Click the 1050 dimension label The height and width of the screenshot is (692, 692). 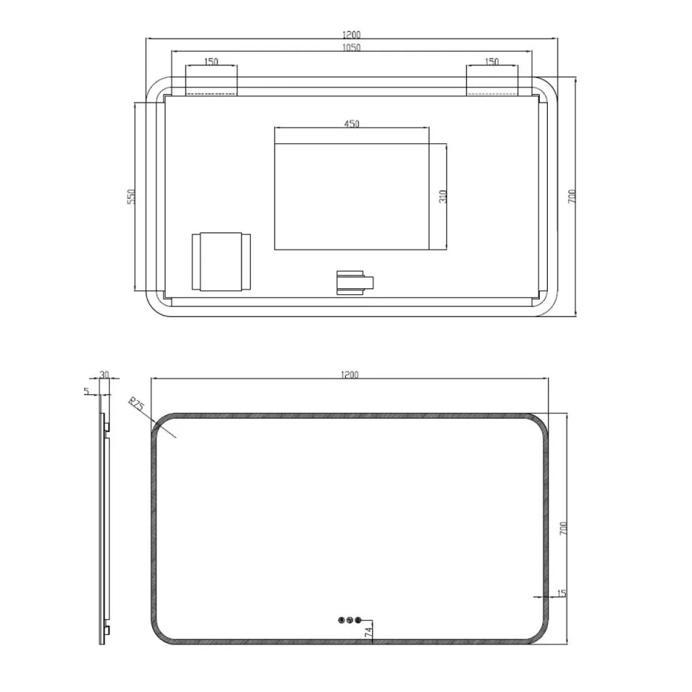pos(351,48)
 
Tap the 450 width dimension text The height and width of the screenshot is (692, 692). pos(351,124)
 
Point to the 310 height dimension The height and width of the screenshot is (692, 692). pos(443,195)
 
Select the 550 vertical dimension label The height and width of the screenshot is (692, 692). pos(131,196)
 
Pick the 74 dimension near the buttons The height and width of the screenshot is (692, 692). pos(368,632)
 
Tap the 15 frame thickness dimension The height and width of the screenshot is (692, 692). pos(562,593)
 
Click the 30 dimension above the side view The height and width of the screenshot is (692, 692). pos(105,375)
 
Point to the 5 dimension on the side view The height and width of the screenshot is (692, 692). pos(87,391)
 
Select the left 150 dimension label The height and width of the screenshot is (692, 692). pos(210,62)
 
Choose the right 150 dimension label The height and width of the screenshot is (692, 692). pos(492,62)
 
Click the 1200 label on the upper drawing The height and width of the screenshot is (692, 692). pos(351,34)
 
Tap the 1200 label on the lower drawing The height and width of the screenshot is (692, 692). pos(349,374)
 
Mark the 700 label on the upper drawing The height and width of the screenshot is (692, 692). pos(572,196)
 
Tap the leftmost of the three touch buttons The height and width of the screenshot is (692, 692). pos(340,619)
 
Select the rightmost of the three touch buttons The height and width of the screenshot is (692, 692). pos(359,619)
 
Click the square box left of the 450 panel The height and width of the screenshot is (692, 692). pos(221,262)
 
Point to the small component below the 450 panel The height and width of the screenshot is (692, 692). pos(355,283)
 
